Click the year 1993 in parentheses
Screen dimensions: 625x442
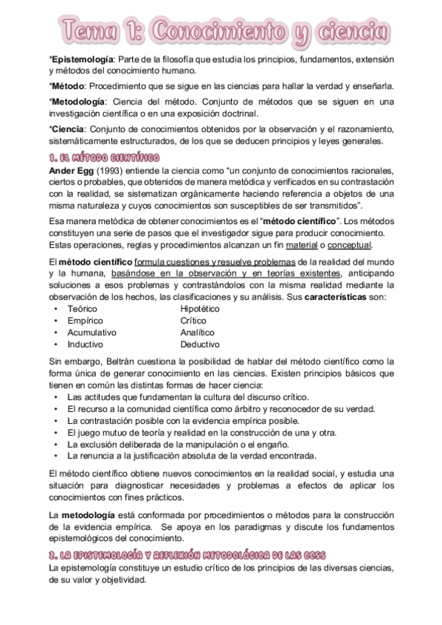pos(110,171)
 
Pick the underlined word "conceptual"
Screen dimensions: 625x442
pos(350,245)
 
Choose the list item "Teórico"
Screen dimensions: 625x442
pos(82,309)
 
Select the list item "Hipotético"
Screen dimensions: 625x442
pos(200,309)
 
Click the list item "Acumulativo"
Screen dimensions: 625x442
pos(91,332)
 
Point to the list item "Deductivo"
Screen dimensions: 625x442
pos(199,344)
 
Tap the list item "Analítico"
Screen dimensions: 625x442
pos(198,332)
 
